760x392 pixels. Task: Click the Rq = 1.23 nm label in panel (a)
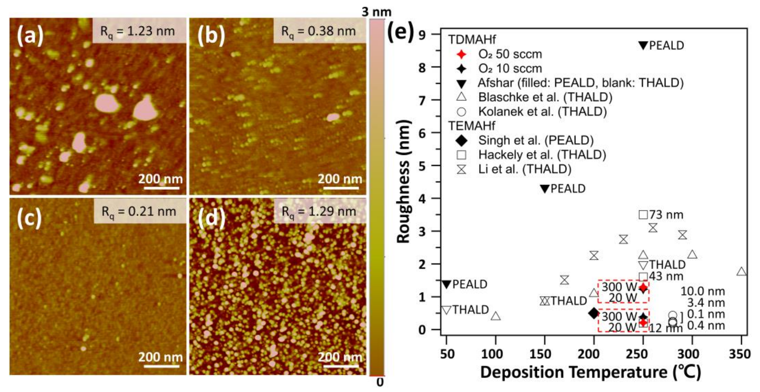tap(138, 31)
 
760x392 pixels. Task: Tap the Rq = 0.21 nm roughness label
tap(139, 212)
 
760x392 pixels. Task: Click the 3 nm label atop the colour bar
tap(377, 12)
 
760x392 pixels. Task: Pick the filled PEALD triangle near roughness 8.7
tap(643, 45)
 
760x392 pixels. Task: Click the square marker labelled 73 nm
tap(643, 215)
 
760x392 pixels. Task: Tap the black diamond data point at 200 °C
tap(594, 313)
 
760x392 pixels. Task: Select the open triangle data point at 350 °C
tap(741, 272)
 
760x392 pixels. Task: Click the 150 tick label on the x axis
tap(545, 354)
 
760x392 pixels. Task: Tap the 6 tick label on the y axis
tap(422, 133)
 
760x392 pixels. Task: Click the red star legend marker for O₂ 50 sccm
tap(461, 54)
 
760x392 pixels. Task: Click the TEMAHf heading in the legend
tap(472, 126)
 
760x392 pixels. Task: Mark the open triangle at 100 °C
tap(496, 316)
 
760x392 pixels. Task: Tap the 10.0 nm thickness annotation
tap(702, 291)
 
